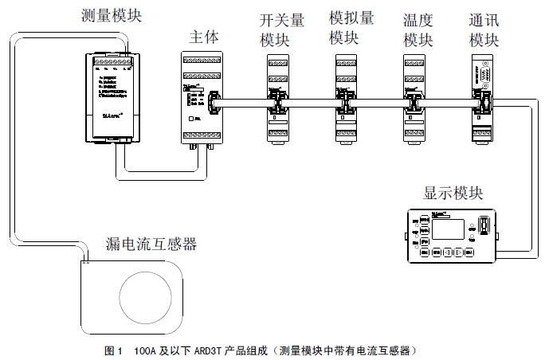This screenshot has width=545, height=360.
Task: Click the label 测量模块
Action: pyautogui.click(x=111, y=15)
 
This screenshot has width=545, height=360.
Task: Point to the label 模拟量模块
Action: pyautogui.click(x=343, y=28)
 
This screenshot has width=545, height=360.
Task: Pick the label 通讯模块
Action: pyautogui.click(x=484, y=29)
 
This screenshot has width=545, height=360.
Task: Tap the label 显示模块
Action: pyautogui.click(x=452, y=194)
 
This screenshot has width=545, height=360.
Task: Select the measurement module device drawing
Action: pyautogui.click(x=110, y=96)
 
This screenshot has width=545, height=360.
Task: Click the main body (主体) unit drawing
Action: pyautogui.click(x=196, y=100)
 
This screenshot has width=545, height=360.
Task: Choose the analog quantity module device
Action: pyautogui.click(x=345, y=96)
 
